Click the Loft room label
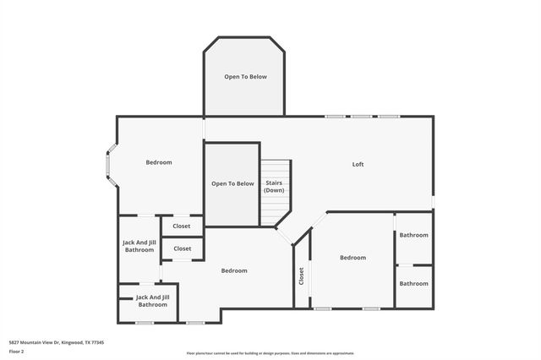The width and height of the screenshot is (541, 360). pos(358,164)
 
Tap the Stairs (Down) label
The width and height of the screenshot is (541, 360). pos(274,187)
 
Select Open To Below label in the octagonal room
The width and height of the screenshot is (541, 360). pos(245,77)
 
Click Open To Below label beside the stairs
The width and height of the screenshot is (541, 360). pos(232,183)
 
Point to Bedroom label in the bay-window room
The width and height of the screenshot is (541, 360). pos(159,162)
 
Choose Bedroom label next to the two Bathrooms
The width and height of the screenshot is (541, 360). pos(352,258)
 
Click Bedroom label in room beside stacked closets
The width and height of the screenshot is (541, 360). pos(234,270)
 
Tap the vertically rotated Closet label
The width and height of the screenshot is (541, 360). pos(301,275)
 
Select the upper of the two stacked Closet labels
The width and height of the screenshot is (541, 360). pos(182,226)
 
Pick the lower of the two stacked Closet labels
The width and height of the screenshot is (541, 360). pos(182,248)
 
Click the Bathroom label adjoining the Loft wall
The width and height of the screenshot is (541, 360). pos(414,235)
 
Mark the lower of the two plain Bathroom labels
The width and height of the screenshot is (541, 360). pos(414,284)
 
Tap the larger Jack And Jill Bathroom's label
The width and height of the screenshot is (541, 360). pos(139,246)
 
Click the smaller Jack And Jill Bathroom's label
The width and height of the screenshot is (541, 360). pos(153,301)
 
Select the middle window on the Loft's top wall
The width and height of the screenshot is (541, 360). pos(362,117)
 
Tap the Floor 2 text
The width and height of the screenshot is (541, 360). pos(16,351)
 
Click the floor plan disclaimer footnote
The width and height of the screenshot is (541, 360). pos(270,353)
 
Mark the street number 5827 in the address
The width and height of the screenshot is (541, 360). pos(14,342)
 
